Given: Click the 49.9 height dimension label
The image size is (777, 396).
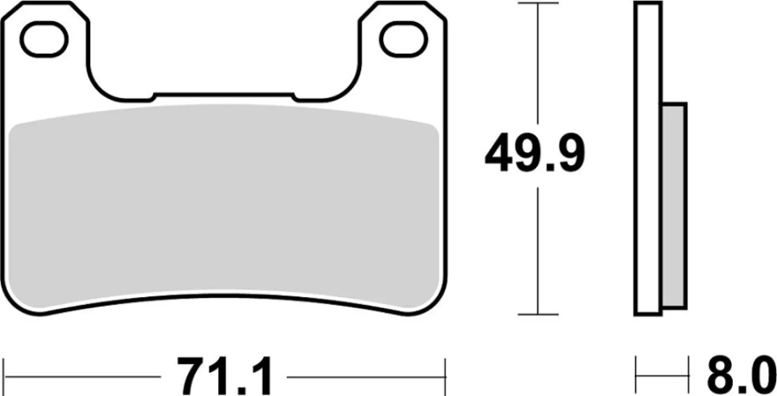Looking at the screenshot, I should [x=535, y=154].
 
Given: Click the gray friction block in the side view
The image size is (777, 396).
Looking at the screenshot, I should [x=674, y=206].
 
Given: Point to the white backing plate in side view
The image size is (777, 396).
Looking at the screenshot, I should [x=648, y=158].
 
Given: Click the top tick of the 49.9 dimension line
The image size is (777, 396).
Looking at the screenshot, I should [x=538, y=3].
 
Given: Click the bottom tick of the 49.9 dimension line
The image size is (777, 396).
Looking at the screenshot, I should [x=538, y=314].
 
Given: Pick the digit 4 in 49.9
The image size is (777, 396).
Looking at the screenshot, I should [x=499, y=154].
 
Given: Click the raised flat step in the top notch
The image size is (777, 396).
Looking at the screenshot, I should [x=224, y=95].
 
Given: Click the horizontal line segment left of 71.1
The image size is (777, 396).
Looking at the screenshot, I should [x=83, y=377].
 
